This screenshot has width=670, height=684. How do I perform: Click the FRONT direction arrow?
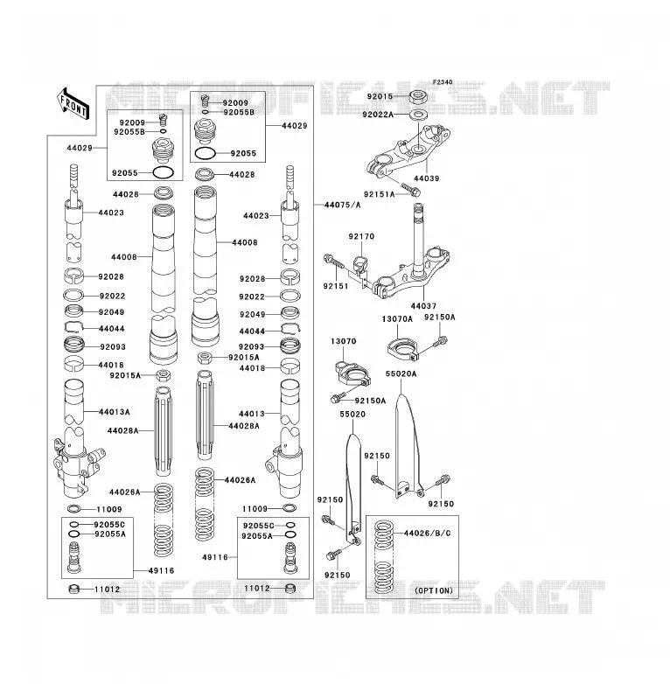pos(73,104)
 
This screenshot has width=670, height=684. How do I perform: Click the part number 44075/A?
pos(342,205)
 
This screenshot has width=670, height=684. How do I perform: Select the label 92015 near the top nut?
pos(380,96)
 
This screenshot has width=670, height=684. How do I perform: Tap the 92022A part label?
pos(378,115)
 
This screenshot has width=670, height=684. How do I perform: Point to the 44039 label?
pos(426,178)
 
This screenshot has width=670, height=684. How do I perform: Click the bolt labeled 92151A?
pos(411,190)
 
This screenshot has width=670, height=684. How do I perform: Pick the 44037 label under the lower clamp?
pos(423,306)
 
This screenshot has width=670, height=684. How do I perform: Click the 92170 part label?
pos(361,236)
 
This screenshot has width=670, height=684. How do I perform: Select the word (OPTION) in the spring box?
pos(434,590)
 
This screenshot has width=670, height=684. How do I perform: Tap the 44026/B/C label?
pos(428,533)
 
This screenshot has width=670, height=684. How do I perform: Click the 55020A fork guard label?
pos(401,373)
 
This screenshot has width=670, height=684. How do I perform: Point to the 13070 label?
pos(343,341)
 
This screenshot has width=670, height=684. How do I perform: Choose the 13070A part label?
pos(397,319)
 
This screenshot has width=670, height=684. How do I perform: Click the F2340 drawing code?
pos(443,82)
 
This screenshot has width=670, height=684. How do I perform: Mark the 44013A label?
pos(115,412)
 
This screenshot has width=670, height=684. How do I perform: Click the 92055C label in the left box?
pos(109,524)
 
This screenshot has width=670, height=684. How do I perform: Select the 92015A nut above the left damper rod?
pos(164,374)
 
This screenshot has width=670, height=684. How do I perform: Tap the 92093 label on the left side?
pos(113,346)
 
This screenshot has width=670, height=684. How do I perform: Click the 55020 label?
pos(352,414)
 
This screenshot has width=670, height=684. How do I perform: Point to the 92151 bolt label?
pos(335,286)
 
